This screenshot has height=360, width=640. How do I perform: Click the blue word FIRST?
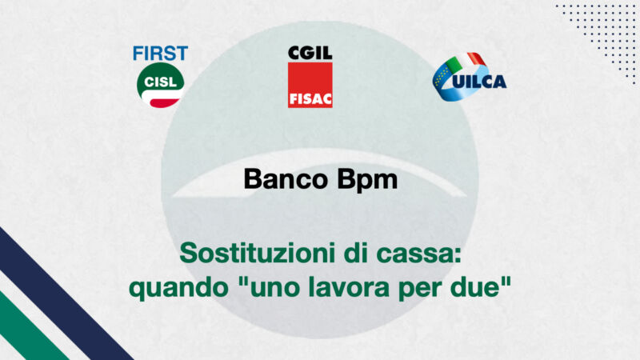click(x=161, y=54)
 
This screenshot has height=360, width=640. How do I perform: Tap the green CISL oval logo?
click(x=161, y=85)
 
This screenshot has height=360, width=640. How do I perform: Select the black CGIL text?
click(x=310, y=53)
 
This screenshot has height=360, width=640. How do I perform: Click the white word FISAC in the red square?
click(x=310, y=99)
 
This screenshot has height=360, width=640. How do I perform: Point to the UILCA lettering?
click(x=479, y=82)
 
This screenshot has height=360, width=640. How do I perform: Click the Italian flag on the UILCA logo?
click(x=466, y=62)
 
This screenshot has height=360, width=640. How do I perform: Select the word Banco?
click(x=286, y=179)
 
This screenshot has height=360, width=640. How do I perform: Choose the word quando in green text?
click(x=178, y=288)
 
